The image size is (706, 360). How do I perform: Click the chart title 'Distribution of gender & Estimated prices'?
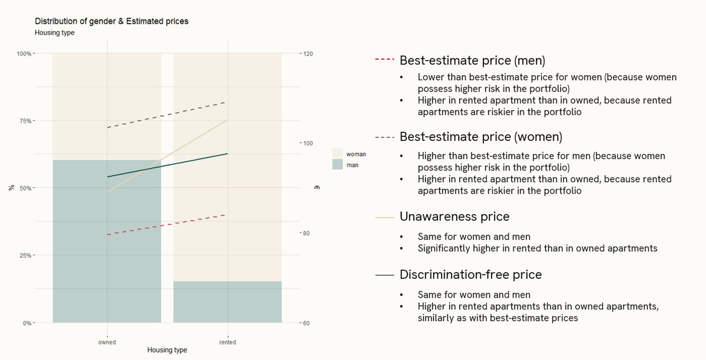112,21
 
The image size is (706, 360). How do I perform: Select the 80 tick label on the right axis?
306,233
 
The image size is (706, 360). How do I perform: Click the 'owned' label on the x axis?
107,342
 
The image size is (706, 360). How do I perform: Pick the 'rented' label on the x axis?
228,342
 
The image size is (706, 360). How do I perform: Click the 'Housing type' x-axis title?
167,350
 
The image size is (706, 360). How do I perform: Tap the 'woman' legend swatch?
338,154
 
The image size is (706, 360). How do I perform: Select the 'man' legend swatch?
338,165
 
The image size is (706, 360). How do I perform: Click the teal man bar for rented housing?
228,302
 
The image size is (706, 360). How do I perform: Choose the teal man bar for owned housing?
107,241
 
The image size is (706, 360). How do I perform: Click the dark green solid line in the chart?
167,165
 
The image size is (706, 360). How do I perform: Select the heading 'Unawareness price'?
454,217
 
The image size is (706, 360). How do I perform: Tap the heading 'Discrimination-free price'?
471,275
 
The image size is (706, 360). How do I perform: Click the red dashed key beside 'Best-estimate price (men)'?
384,59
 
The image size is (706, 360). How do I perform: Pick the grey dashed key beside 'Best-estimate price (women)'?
384,137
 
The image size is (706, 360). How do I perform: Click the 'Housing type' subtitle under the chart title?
55,33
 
